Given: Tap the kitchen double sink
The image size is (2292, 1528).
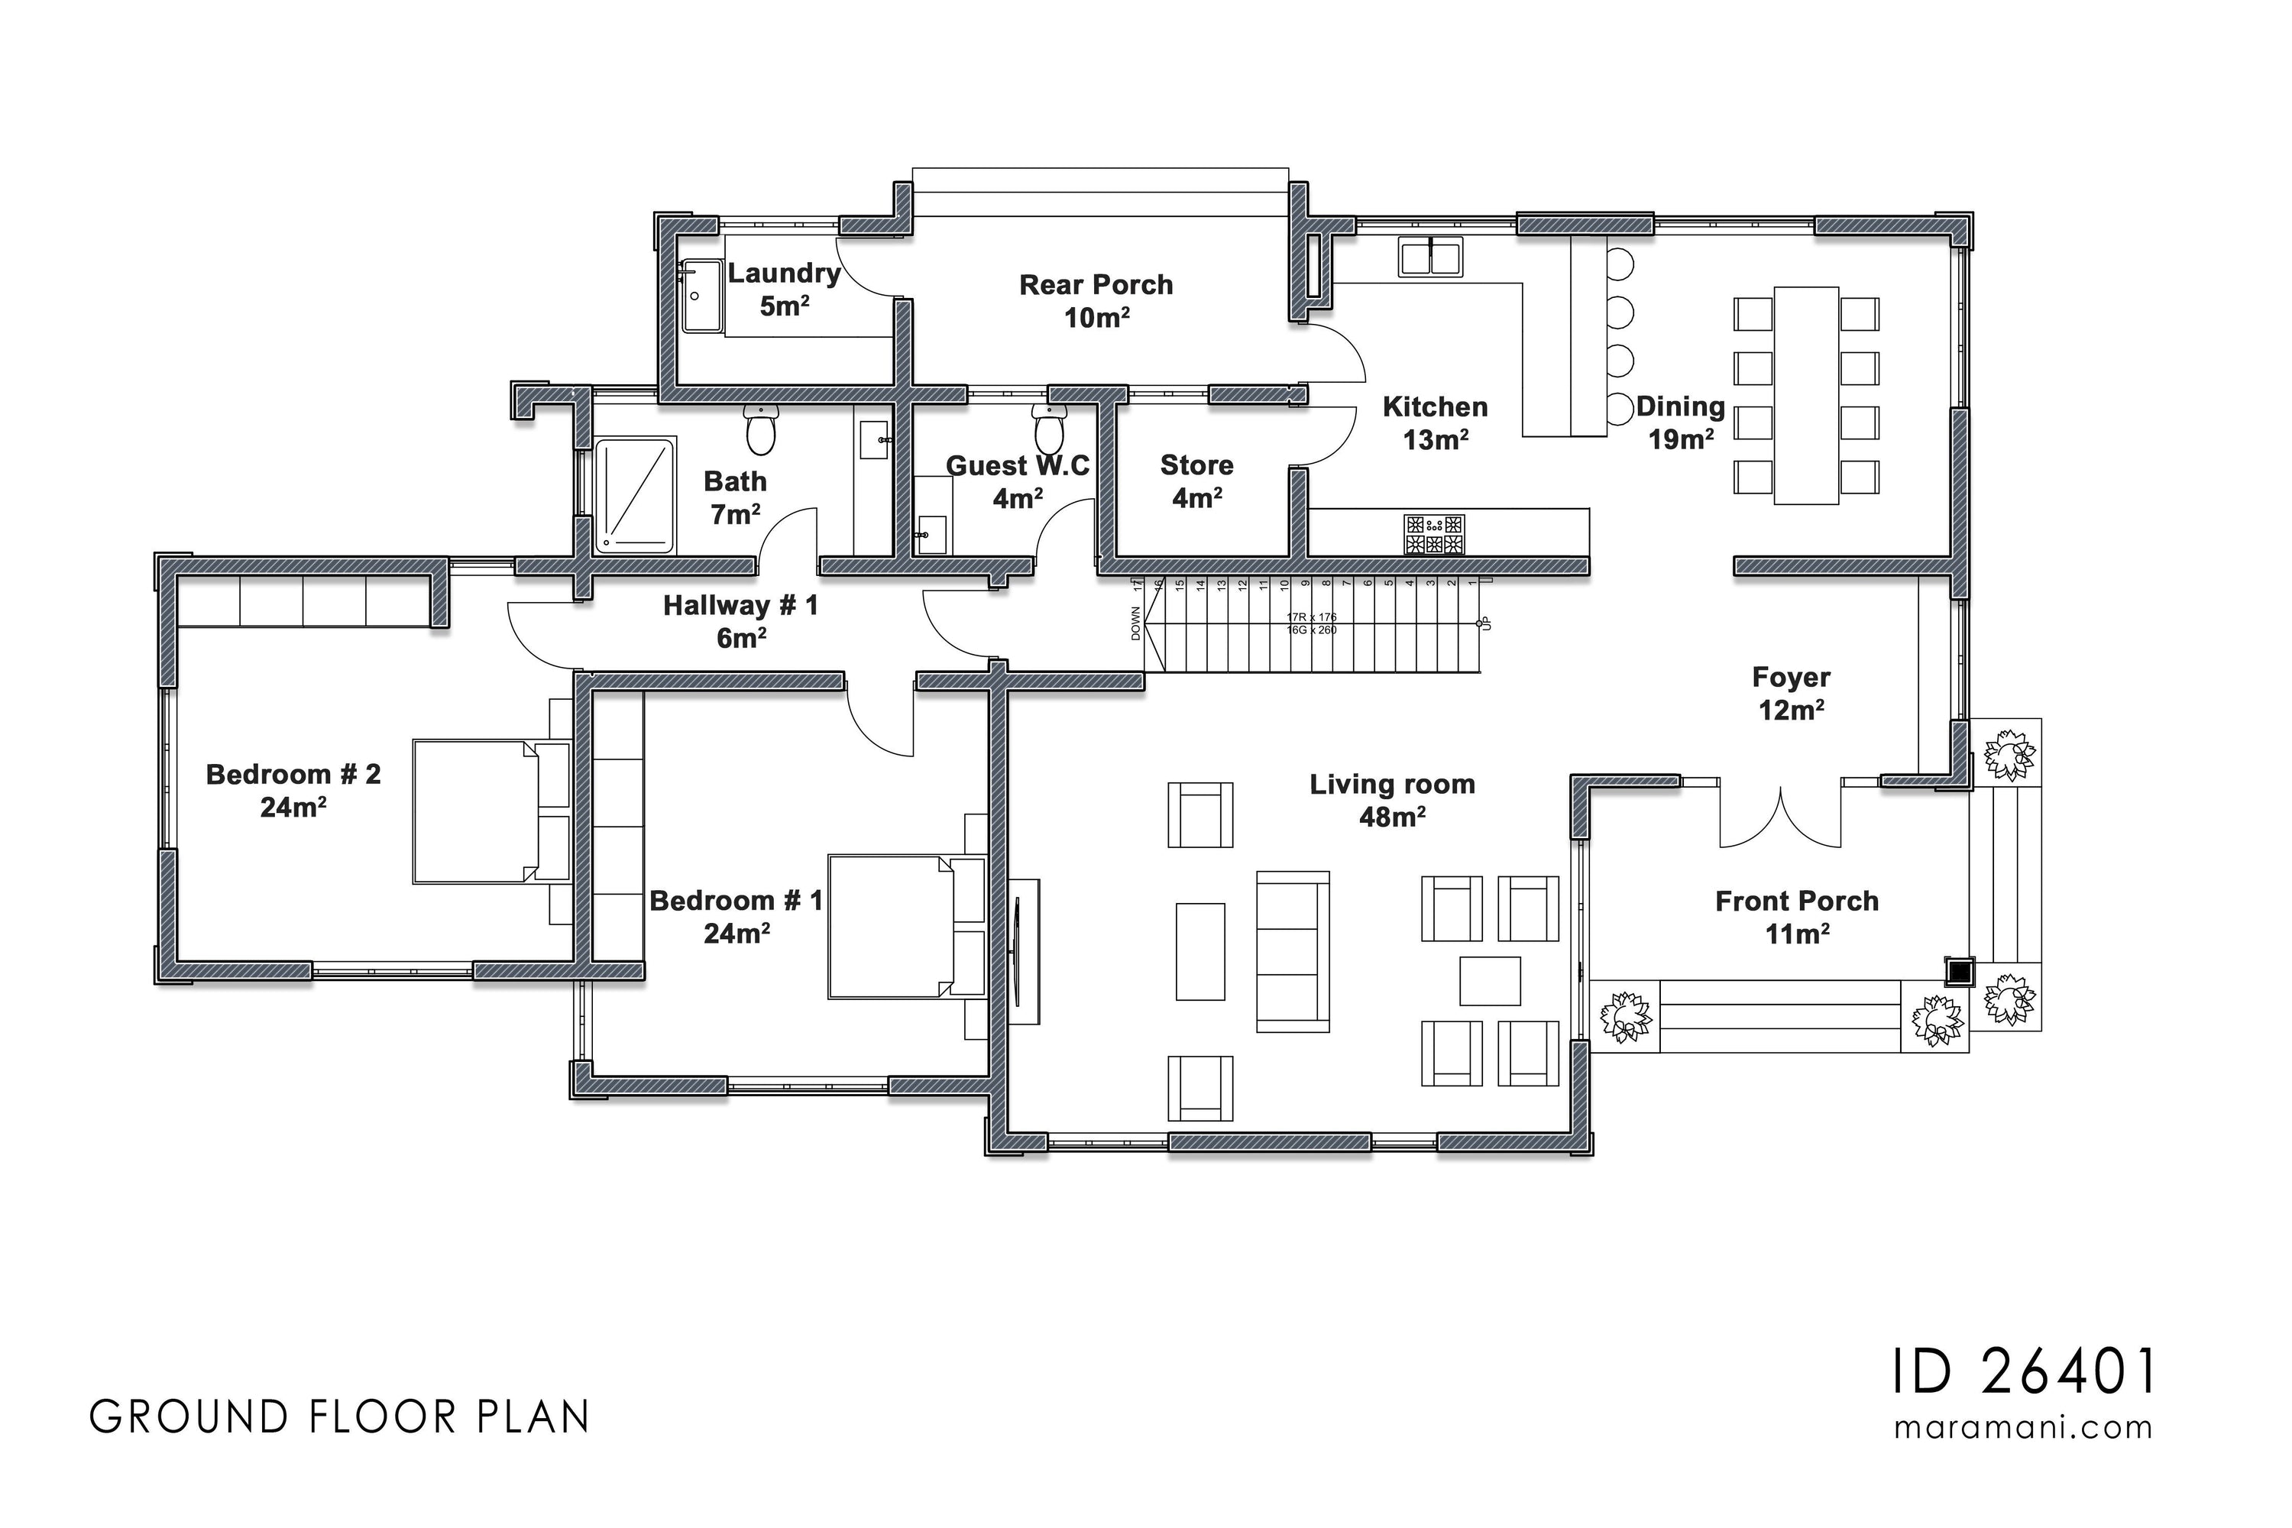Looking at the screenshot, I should pos(1429,258).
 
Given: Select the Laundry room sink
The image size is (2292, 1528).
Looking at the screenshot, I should pos(698,294).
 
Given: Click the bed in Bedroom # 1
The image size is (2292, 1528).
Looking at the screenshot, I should pos(892,927).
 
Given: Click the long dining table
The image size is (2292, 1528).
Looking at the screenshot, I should pos(1806,396).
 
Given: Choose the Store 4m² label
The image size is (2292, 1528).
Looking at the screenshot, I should pos(1196,481).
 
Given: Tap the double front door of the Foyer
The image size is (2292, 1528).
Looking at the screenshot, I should pos(1779,817).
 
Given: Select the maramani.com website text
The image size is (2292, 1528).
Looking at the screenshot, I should pos(2023,1428).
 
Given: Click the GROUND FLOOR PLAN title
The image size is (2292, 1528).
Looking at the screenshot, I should pos(340,1418).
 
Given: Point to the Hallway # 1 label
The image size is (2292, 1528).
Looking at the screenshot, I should pos(740,620).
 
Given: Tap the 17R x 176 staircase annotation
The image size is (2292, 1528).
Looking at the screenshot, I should pos(1312,617).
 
